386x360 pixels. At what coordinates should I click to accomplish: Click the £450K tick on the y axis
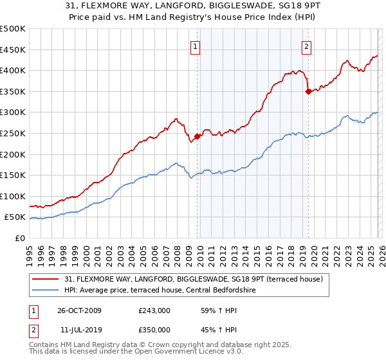point(13,50)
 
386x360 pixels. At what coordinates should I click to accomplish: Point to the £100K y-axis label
point(13,196)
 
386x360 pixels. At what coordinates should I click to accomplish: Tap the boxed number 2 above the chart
point(307,46)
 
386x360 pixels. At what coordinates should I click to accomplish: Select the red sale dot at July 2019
point(308,91)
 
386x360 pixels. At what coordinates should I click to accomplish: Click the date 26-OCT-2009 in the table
point(79,310)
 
